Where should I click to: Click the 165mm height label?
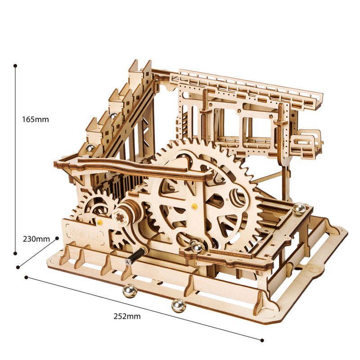[x=35, y=120]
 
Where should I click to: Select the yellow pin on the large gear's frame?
[x=194, y=207]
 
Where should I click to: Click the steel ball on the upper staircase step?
[x=115, y=117]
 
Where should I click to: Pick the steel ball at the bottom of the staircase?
[x=89, y=148]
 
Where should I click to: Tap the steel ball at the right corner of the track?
[x=298, y=208]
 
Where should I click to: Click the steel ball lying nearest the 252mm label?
[x=178, y=306]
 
